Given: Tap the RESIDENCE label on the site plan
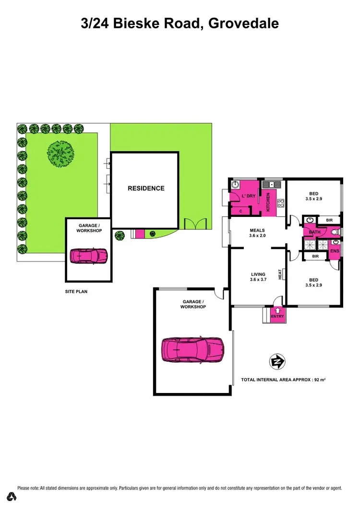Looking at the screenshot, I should coord(146,189).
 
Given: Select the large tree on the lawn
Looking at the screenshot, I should coord(60,154).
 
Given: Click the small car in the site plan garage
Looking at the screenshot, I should coord(89,256).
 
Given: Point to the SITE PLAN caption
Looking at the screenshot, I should coord(76,291).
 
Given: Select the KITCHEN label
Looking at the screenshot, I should coord(269,202).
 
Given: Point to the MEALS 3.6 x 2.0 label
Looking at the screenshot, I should coord(257,233).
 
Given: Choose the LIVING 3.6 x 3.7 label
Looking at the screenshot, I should coord(258,277).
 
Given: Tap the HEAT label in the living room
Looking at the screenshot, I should coord(280,274).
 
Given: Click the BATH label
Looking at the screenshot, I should coord(315,232).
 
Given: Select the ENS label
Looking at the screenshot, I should coord(335,251).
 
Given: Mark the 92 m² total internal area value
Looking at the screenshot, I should coord(320,380).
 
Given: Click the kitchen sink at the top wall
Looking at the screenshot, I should coord(271,183).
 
